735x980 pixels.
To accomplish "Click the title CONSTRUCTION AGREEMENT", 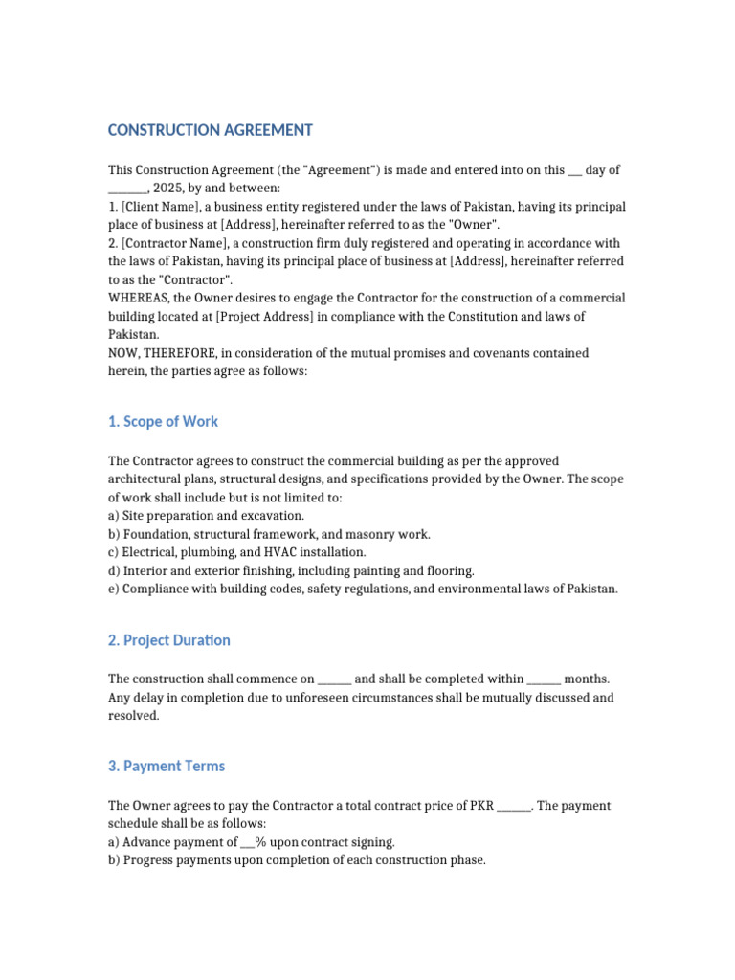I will click(210, 130).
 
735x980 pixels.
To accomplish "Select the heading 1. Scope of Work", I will click(163, 421).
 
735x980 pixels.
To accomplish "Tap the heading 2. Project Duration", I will click(168, 640).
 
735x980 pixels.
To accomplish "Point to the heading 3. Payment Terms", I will click(167, 766).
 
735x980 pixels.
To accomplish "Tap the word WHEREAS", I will click(138, 299).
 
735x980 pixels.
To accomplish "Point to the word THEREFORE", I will click(183, 353).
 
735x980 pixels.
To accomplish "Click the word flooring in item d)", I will click(451, 570).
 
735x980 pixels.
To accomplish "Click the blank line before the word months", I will click(544, 679).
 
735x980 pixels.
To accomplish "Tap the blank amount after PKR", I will click(515, 806).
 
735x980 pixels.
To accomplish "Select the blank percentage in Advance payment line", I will click(248, 842).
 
